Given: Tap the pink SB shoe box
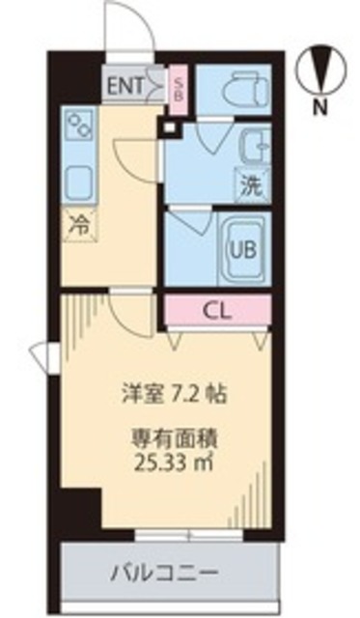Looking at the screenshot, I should pyautogui.click(x=180, y=88).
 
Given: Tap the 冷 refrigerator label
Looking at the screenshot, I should pyautogui.click(x=79, y=228).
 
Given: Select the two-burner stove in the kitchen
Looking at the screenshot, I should pyautogui.click(x=78, y=125).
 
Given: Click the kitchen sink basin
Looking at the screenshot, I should pyautogui.click(x=77, y=181).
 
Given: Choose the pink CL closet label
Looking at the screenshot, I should pyautogui.click(x=216, y=311).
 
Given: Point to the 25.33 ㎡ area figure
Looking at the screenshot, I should pyautogui.click(x=175, y=462).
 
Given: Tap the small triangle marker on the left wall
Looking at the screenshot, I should pyautogui.click(x=41, y=357).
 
